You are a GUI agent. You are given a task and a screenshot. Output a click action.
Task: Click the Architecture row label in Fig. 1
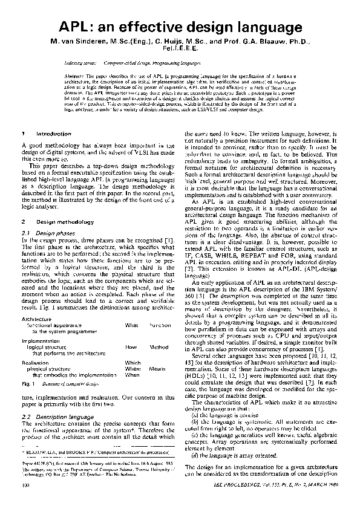(36, 319)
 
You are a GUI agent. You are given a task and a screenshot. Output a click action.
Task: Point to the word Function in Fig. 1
(160, 325)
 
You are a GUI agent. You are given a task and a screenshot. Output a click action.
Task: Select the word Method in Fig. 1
(159, 348)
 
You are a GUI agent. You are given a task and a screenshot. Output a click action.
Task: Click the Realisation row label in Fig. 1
(35, 362)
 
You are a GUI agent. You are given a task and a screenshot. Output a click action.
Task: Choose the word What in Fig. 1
(131, 325)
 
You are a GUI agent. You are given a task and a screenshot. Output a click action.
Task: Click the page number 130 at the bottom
(25, 501)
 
